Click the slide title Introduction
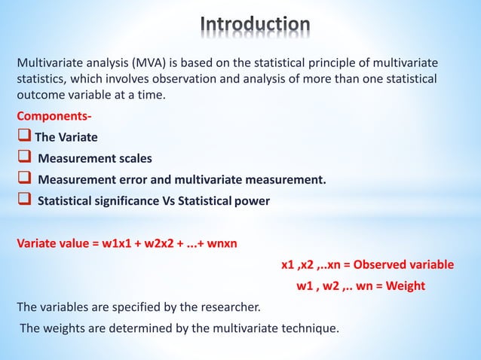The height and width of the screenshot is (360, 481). [256, 25]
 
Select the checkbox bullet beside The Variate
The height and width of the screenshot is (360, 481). [23, 138]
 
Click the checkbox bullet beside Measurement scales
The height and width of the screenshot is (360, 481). [24, 159]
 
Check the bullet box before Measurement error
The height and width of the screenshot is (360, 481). [24, 180]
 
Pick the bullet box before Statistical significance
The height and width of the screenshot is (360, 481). [24, 201]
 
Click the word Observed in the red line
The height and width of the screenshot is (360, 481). [382, 264]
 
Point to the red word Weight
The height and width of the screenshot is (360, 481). [403, 285]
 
